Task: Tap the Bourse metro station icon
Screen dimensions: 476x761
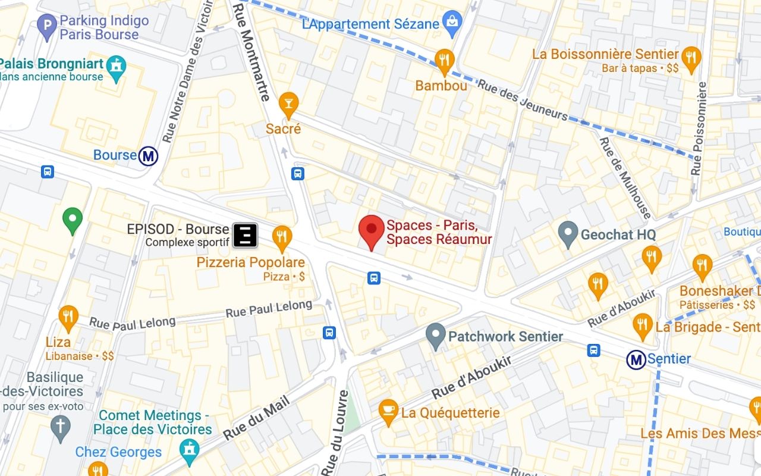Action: tap(148, 156)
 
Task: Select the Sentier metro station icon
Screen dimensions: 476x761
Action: tap(636, 359)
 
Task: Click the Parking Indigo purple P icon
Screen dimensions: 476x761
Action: tap(47, 26)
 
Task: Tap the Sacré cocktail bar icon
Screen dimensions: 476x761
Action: tap(288, 104)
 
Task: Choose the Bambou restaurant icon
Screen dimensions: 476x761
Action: tap(444, 59)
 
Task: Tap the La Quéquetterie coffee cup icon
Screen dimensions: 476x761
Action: tap(388, 411)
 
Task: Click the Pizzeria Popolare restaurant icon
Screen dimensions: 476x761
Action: tap(282, 237)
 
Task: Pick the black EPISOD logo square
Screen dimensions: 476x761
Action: tap(244, 235)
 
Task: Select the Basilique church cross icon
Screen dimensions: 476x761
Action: tap(60, 427)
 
